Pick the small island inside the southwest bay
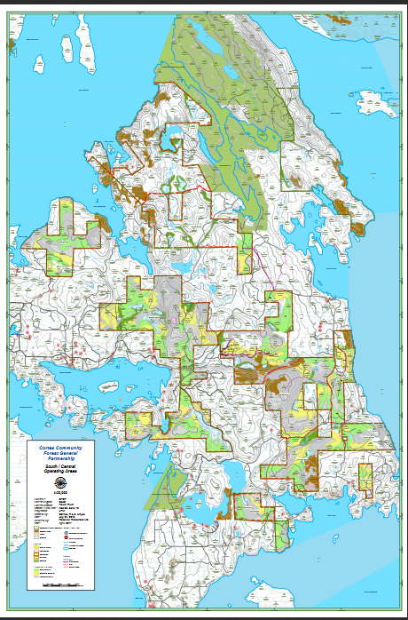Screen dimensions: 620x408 point(108,387)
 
